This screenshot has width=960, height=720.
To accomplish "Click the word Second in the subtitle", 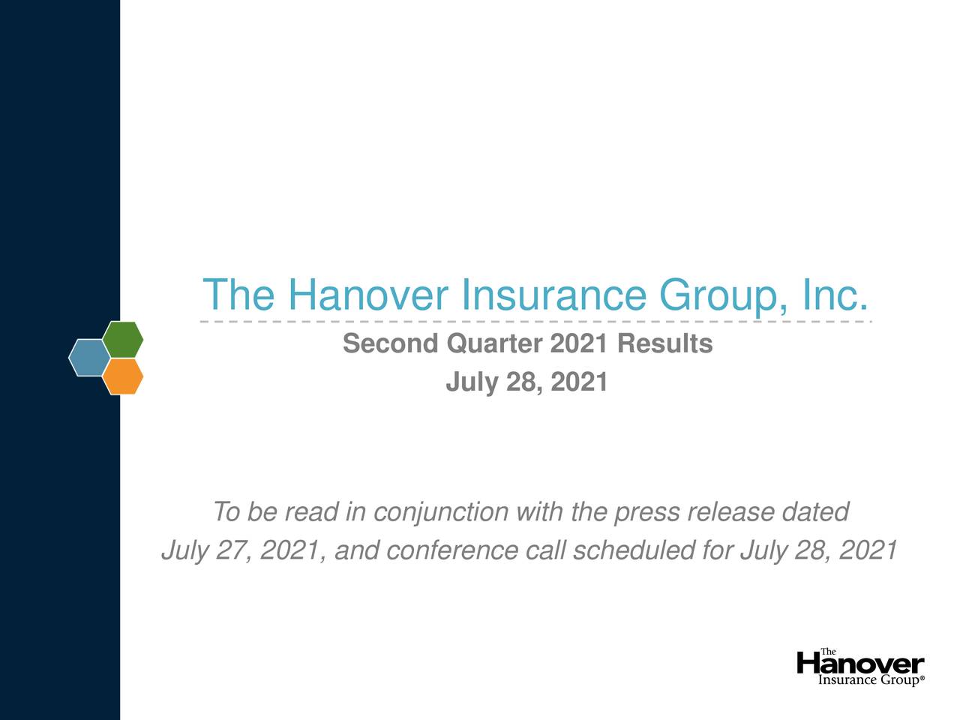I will [390, 344].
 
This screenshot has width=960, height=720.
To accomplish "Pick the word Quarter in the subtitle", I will [493, 344].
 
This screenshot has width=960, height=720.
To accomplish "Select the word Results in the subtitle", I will [664, 344].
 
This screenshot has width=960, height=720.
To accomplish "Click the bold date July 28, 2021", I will [526, 382].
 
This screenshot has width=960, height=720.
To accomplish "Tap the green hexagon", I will [123, 340].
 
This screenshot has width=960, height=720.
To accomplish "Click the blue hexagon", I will [88, 358].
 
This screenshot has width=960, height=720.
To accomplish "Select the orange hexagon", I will [123, 376].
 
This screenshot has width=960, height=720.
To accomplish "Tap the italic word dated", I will [814, 513].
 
